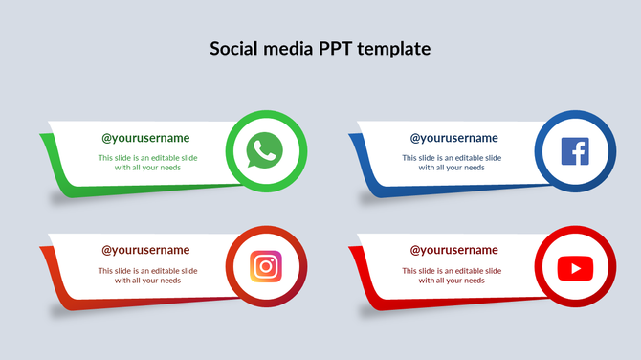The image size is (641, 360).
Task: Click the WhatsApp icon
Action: [267, 151]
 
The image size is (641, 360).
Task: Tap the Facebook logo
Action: [575, 151]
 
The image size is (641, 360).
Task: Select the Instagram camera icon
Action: [267, 266]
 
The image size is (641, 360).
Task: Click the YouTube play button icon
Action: [575, 267]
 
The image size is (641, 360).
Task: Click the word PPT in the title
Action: [328, 48]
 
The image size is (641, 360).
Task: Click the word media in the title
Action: [287, 48]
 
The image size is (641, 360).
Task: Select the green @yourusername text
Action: [146, 138]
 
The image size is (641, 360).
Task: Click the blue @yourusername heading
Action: [453, 138]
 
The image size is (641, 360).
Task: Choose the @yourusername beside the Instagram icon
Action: [146, 250]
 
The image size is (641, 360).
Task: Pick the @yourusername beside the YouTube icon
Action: [453, 250]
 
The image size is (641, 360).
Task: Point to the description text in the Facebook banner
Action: [452, 162]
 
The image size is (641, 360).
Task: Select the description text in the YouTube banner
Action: [452, 276]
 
